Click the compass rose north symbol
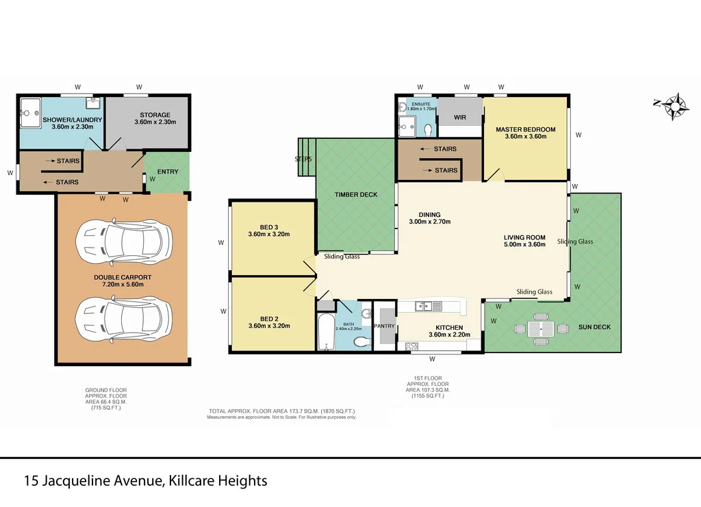click(x=674, y=106)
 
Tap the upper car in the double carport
click(x=124, y=240)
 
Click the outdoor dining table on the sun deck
click(x=541, y=328)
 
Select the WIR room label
click(x=459, y=118)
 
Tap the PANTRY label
click(x=384, y=326)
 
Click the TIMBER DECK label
click(x=355, y=195)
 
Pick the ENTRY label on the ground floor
click(x=168, y=172)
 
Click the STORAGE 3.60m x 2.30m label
click(x=155, y=118)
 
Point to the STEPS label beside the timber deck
click(x=303, y=159)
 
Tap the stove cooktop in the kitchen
click(x=411, y=346)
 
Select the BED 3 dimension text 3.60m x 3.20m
click(x=269, y=235)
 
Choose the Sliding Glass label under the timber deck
click(x=342, y=257)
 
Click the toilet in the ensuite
click(x=428, y=129)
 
